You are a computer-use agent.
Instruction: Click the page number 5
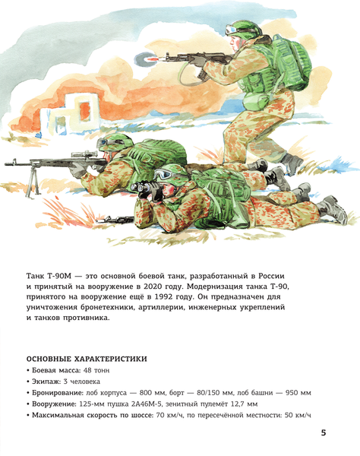(324, 432)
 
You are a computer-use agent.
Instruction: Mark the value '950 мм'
(295, 392)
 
